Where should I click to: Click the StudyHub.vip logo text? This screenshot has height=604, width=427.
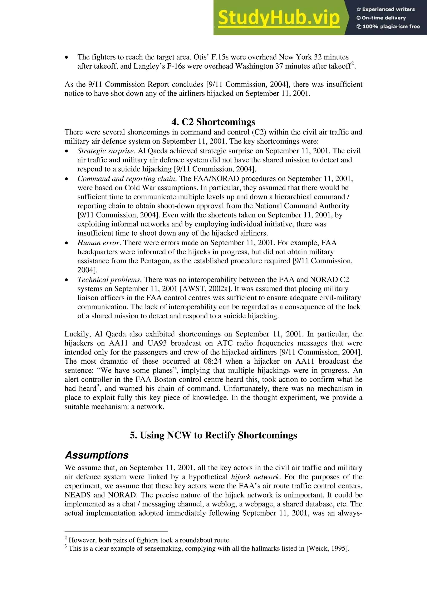(279, 18)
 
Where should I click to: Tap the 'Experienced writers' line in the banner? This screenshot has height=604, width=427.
(386, 9)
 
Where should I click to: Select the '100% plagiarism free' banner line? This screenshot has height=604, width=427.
(388, 26)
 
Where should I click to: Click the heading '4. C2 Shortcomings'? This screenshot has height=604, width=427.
(213, 122)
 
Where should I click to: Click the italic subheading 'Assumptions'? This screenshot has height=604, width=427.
(97, 455)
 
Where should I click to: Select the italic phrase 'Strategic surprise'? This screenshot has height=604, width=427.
(106, 151)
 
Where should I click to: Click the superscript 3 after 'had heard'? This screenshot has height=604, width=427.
(98, 386)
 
